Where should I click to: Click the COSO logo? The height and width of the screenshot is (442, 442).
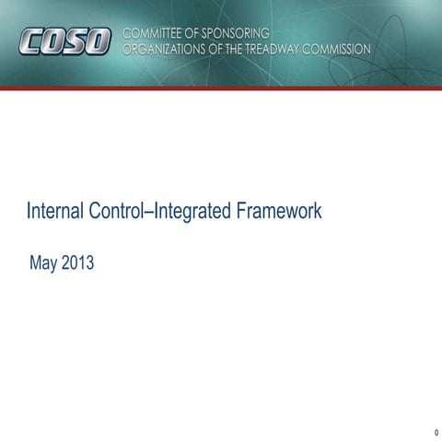tap(64, 41)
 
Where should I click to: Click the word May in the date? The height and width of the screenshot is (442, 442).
tap(44, 264)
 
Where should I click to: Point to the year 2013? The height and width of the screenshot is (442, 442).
tap(77, 264)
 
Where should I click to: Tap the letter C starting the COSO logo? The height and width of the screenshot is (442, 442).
tap(30, 41)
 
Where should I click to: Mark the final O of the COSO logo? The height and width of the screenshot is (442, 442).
tap(99, 41)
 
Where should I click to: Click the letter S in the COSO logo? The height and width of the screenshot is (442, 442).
tap(76, 41)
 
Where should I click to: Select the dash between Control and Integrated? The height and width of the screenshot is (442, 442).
tap(153, 212)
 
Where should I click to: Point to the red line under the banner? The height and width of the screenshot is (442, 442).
tap(221, 87)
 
